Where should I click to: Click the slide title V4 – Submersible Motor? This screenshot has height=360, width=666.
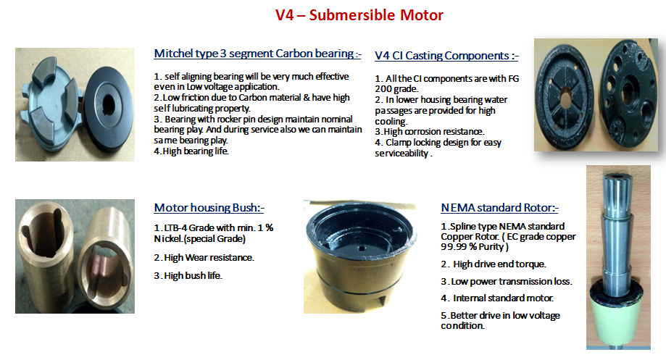click(359, 15)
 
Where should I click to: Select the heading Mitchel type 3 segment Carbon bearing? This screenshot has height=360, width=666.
click(257, 54)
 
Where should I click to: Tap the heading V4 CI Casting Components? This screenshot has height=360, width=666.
click(446, 56)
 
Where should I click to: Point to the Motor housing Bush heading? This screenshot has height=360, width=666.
click(209, 208)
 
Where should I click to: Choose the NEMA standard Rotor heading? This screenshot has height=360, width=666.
click(499, 208)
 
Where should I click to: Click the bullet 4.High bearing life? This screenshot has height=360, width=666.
click(191, 151)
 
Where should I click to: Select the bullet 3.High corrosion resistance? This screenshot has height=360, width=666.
click(430, 132)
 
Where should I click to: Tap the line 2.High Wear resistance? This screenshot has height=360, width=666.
click(204, 258)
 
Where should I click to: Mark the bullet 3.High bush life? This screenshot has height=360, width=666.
click(188, 275)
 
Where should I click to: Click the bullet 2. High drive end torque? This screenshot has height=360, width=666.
click(494, 264)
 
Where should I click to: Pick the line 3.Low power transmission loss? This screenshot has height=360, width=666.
click(507, 282)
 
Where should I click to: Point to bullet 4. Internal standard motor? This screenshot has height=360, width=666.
click(497, 298)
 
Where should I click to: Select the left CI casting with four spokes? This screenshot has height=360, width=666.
click(565, 99)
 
